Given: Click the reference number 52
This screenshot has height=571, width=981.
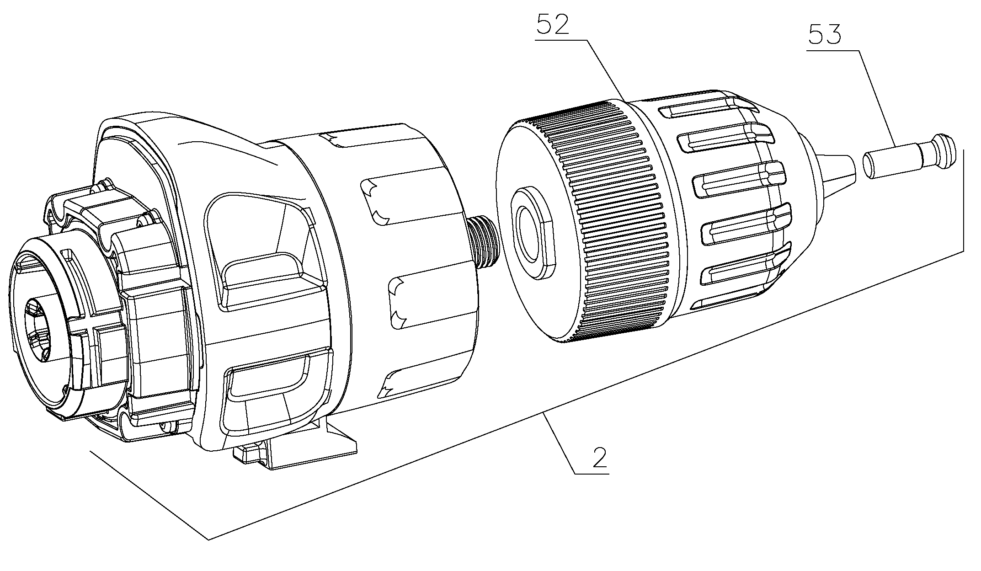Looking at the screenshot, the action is point(553,25).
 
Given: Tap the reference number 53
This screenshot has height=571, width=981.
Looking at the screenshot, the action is point(825,34).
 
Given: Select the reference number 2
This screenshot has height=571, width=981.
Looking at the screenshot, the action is point(600,458).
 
